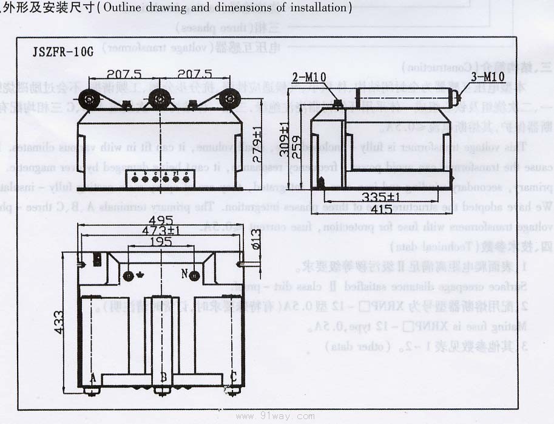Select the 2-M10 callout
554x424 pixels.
coord(309,77)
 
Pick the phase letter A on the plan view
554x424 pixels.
coord(93,377)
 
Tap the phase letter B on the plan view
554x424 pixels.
coord(163,377)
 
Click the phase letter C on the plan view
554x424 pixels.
coord(233,377)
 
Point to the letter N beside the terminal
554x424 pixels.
coord(184,275)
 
